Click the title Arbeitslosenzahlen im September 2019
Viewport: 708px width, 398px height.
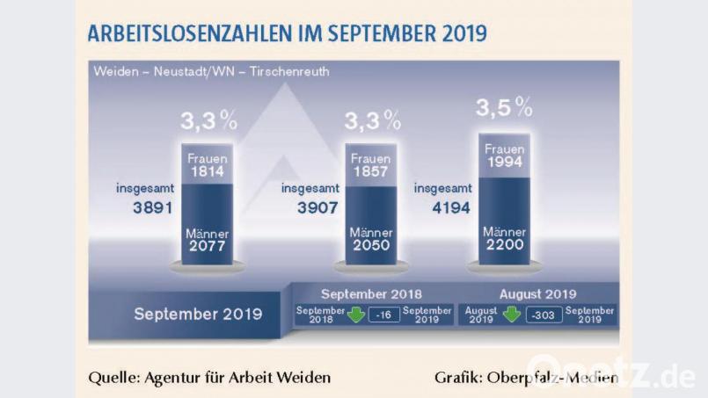pyautogui.click(x=287, y=33)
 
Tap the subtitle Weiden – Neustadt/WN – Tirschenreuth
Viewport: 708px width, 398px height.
pyautogui.click(x=211, y=72)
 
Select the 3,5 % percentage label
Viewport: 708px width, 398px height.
pyautogui.click(x=504, y=109)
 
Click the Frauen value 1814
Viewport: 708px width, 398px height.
pyautogui.click(x=208, y=172)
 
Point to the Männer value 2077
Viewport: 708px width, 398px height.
pyautogui.click(x=208, y=247)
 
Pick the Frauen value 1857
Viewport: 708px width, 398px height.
pyautogui.click(x=370, y=172)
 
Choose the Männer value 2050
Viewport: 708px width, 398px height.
pyautogui.click(x=370, y=247)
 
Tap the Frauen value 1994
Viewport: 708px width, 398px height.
pyautogui.click(x=504, y=163)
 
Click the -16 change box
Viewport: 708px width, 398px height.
pyautogui.click(x=383, y=315)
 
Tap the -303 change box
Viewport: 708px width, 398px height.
pyautogui.click(x=545, y=315)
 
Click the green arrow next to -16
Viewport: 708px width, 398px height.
pyautogui.click(x=355, y=315)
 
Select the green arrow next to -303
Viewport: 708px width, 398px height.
pyautogui.click(x=512, y=315)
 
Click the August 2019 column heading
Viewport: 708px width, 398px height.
pyautogui.click(x=537, y=294)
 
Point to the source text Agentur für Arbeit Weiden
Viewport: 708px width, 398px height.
pyautogui.click(x=209, y=378)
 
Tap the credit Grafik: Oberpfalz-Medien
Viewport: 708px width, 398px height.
pyautogui.click(x=525, y=378)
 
